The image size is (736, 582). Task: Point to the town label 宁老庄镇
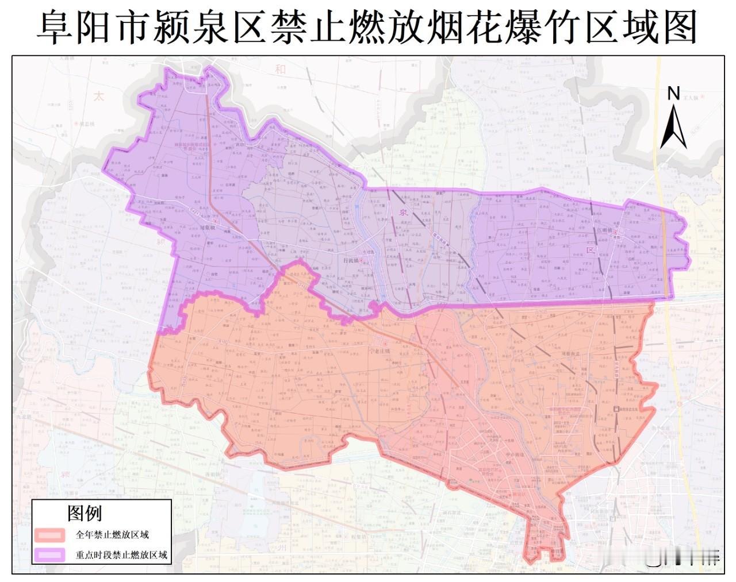[x=379, y=350]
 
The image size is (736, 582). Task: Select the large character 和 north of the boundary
[x=280, y=70]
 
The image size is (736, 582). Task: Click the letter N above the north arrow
[x=673, y=93]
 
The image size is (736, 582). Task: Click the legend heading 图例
[x=85, y=512]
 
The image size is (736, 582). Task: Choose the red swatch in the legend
[x=49, y=535]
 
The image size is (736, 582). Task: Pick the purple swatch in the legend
[x=49, y=555]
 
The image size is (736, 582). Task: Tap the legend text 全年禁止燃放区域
[x=112, y=535]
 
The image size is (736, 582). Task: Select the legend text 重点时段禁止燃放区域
[x=121, y=555]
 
